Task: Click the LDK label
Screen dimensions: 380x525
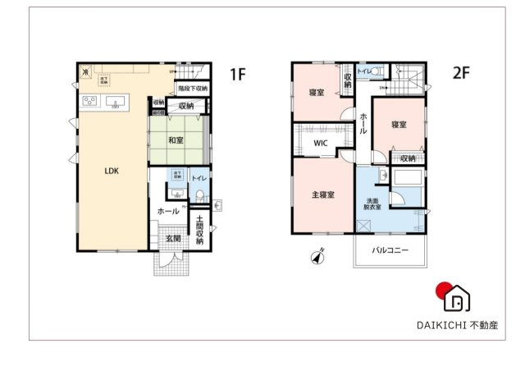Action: tap(112, 172)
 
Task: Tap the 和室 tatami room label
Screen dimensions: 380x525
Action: tap(176, 140)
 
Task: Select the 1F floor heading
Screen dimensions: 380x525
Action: tap(238, 75)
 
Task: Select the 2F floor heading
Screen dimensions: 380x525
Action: tap(461, 73)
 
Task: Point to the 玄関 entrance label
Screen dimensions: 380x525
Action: tap(173, 239)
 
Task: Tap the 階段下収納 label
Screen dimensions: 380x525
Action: tap(192, 89)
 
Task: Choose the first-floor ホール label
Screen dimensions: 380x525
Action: tap(168, 211)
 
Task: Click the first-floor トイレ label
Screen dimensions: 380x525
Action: tap(199, 178)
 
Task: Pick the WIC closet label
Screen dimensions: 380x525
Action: tap(321, 143)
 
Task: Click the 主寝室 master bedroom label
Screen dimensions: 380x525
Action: tap(322, 195)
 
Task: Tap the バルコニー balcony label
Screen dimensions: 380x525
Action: tap(390, 250)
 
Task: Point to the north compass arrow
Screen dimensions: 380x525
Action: tap(318, 257)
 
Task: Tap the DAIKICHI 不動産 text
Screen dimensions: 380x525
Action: tap(456, 325)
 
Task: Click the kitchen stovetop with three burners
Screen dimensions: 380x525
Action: tap(89, 102)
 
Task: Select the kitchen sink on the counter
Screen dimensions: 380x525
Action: tap(116, 103)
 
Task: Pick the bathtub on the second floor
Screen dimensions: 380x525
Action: tap(408, 178)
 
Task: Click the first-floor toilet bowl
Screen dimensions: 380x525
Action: tap(199, 195)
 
